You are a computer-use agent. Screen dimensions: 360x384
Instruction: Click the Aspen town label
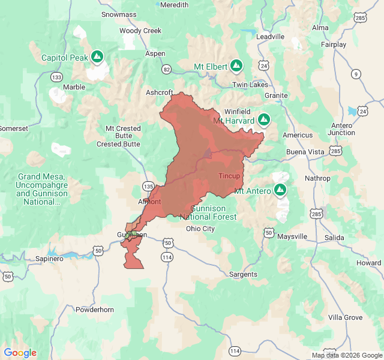(x=155, y=53)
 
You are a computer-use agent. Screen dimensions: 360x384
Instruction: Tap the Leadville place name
(x=270, y=36)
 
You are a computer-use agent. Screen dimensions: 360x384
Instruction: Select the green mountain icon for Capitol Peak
(x=98, y=58)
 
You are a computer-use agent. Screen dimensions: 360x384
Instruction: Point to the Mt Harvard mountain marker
(x=263, y=119)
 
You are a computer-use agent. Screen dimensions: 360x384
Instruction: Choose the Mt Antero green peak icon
(x=280, y=190)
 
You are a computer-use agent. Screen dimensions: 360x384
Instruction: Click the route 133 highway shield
(x=56, y=77)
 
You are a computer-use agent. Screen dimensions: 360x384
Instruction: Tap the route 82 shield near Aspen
(x=166, y=69)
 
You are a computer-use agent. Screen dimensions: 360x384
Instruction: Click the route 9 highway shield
(x=356, y=74)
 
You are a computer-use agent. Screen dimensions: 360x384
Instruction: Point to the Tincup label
(x=229, y=176)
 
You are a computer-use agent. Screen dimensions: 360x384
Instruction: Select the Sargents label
(x=243, y=274)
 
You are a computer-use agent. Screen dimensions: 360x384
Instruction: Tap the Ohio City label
(x=200, y=229)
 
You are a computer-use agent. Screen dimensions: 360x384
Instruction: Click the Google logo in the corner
(x=20, y=353)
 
